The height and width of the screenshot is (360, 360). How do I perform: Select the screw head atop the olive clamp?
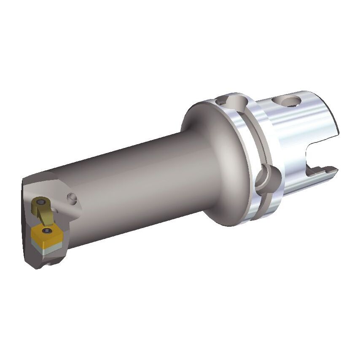[40, 203]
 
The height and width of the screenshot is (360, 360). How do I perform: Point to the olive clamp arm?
[44, 215]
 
